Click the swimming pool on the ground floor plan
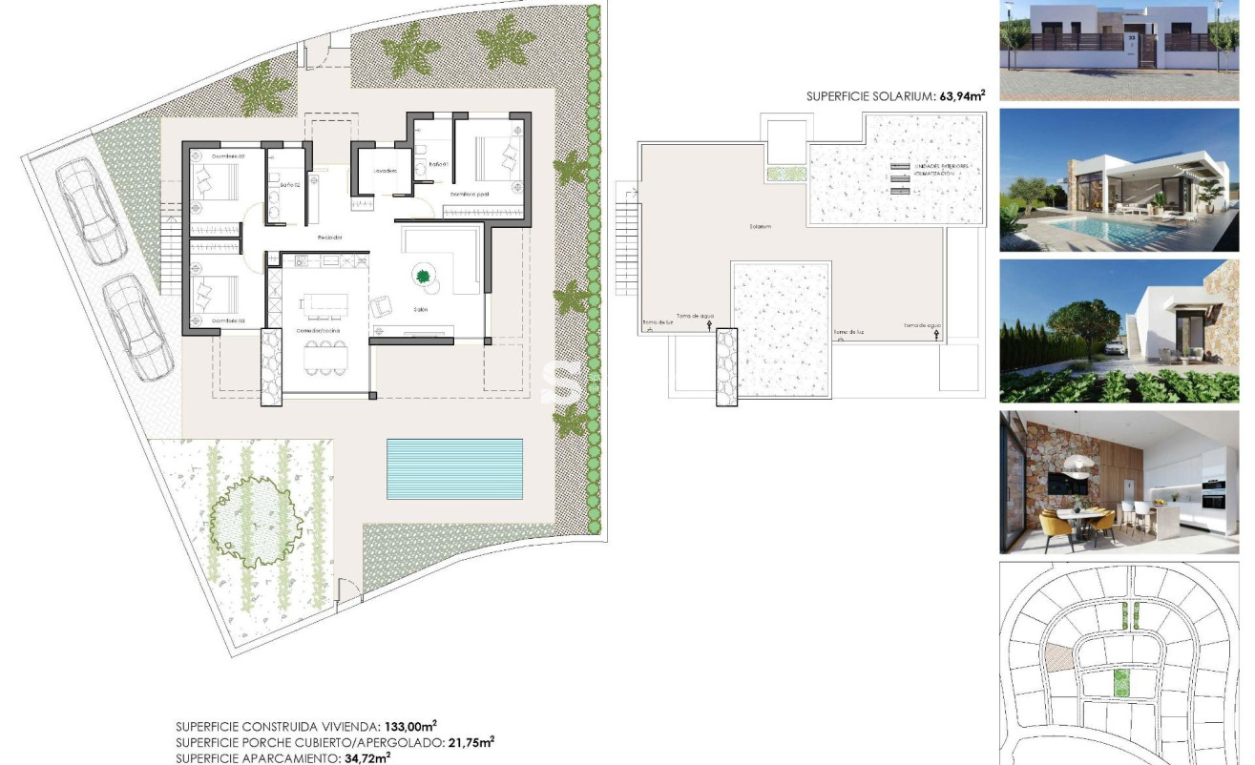[454, 468]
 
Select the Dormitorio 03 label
[228, 320]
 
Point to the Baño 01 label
[437, 164]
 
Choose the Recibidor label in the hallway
[330, 237]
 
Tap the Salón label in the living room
[420, 310]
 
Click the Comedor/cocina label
[319, 330]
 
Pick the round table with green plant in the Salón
[423, 277]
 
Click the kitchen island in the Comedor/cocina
[324, 303]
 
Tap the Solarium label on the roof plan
[760, 226]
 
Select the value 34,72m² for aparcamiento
[366, 757]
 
